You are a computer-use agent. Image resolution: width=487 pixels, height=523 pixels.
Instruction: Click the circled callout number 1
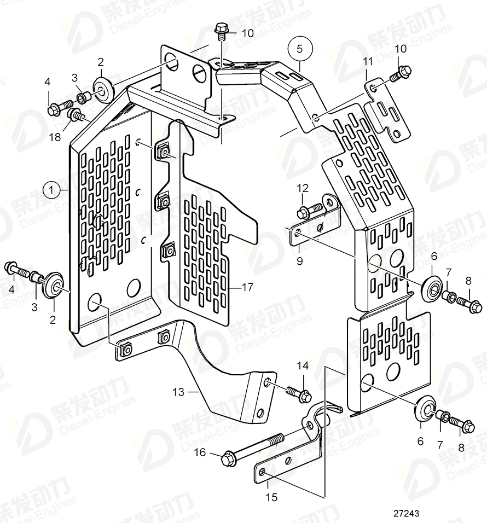pyautogui.click(x=51, y=190)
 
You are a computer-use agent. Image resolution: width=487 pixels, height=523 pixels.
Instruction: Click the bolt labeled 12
pyautogui.click(x=309, y=210)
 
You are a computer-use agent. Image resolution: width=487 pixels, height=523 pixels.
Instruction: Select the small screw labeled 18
pyautogui.click(x=75, y=115)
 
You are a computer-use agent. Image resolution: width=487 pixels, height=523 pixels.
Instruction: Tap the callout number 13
pyautogui.click(x=178, y=391)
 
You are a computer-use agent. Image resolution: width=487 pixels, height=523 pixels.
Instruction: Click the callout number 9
pyautogui.click(x=299, y=261)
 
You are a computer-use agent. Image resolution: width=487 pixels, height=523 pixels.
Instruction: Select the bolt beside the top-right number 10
pyautogui.click(x=401, y=72)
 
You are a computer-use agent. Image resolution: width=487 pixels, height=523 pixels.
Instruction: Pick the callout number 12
pyautogui.click(x=303, y=188)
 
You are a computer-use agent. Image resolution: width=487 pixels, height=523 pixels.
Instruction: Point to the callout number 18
pyautogui.click(x=55, y=137)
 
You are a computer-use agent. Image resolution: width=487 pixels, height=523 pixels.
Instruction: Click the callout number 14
pyautogui.click(x=303, y=365)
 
